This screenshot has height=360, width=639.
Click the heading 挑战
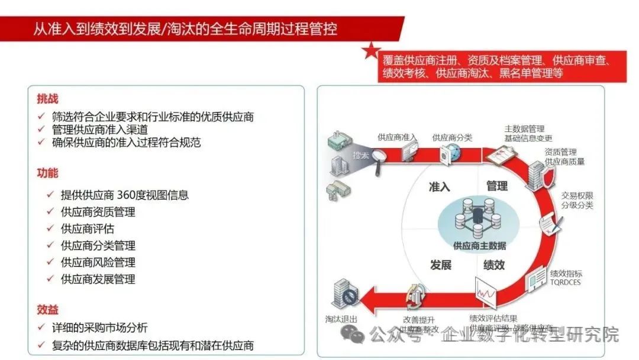(x=47, y=99)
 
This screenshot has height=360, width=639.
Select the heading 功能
(x=47, y=173)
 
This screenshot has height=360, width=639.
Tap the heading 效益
(x=47, y=310)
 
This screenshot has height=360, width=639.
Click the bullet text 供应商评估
(x=87, y=229)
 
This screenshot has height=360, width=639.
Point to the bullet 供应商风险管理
(x=98, y=262)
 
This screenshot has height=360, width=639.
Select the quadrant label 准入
(x=440, y=187)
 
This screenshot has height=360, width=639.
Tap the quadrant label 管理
(x=497, y=186)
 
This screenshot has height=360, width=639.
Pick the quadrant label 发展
(x=441, y=265)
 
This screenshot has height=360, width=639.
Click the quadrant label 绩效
(x=494, y=265)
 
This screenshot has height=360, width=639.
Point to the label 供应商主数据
(x=479, y=246)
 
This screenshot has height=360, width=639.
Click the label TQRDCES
(x=566, y=282)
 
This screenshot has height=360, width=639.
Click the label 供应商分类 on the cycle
(x=452, y=137)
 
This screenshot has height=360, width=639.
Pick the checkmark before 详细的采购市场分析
(x=41, y=327)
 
